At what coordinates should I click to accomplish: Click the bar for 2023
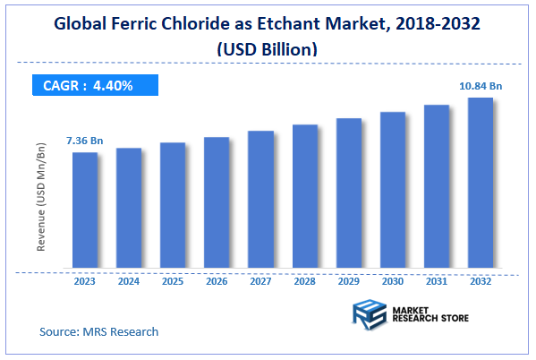(85, 210)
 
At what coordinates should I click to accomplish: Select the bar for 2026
(217, 203)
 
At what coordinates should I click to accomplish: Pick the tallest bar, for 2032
(481, 183)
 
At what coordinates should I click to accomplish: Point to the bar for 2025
(173, 206)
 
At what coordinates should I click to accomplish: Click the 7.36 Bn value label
(84, 141)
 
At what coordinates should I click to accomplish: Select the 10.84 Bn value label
(480, 86)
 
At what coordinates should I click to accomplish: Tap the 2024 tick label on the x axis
(129, 281)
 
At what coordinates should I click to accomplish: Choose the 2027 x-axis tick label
(260, 281)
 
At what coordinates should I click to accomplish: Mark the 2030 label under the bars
(393, 281)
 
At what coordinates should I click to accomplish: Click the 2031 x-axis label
(437, 281)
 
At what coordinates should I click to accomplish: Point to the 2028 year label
(304, 281)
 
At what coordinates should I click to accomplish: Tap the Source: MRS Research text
(98, 331)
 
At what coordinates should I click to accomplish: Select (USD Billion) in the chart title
(268, 49)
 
